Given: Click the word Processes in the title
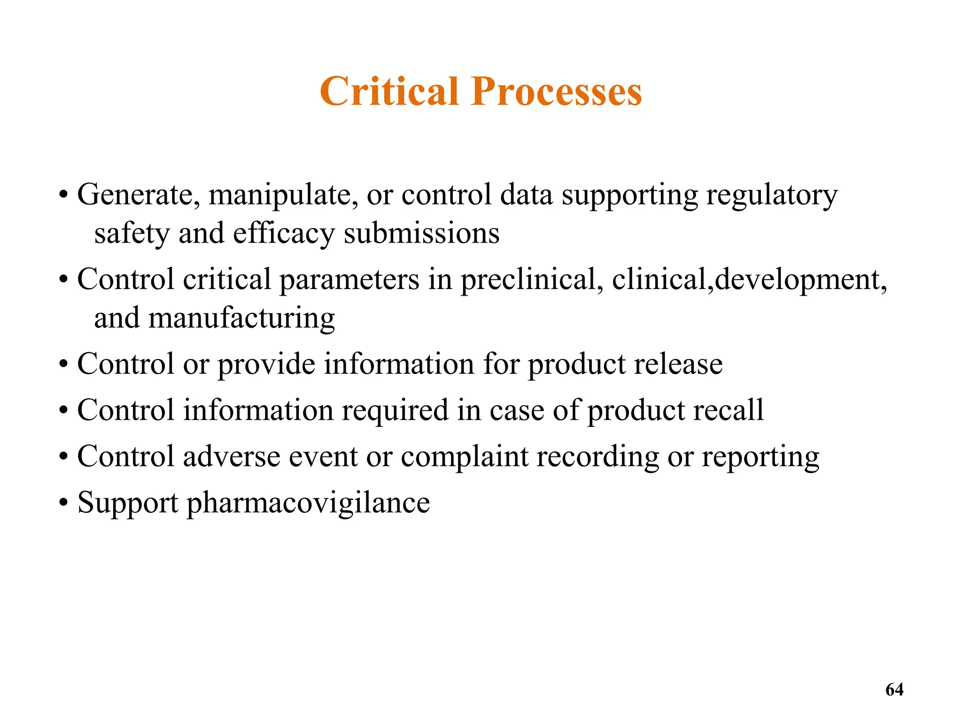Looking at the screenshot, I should [x=557, y=91].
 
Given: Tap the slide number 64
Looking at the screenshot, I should [x=894, y=690].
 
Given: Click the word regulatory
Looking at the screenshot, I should [x=771, y=196].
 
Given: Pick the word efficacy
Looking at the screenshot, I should [x=284, y=234].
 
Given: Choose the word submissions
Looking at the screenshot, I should [x=421, y=233].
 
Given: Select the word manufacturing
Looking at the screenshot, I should [x=241, y=318].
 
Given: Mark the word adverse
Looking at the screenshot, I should [x=232, y=456].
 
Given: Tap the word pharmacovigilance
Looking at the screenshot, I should [x=308, y=503].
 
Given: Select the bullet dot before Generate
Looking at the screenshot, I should [x=64, y=196].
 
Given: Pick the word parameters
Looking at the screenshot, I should [x=349, y=280].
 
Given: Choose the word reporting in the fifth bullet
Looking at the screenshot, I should [x=760, y=457].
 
